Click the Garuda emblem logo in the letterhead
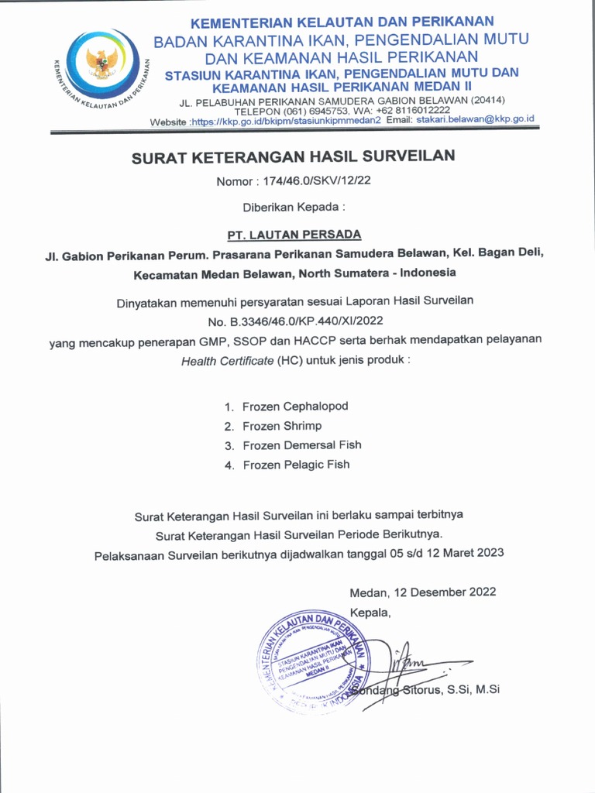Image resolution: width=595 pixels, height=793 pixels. point(102,63)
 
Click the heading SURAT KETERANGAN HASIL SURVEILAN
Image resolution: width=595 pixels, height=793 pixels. point(293,156)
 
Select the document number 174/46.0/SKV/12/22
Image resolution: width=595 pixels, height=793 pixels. point(317,182)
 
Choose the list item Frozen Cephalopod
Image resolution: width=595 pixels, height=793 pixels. point(295,407)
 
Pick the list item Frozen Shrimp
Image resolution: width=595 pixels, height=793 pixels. point(282,426)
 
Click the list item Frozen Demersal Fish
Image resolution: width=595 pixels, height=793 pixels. point(301,445)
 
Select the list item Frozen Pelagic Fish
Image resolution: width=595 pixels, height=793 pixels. point(296,465)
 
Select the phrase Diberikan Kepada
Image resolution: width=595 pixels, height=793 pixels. point(293,207)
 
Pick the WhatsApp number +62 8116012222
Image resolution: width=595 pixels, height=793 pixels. point(408,110)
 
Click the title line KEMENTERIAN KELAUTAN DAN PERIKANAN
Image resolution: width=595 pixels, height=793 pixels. point(342,22)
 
